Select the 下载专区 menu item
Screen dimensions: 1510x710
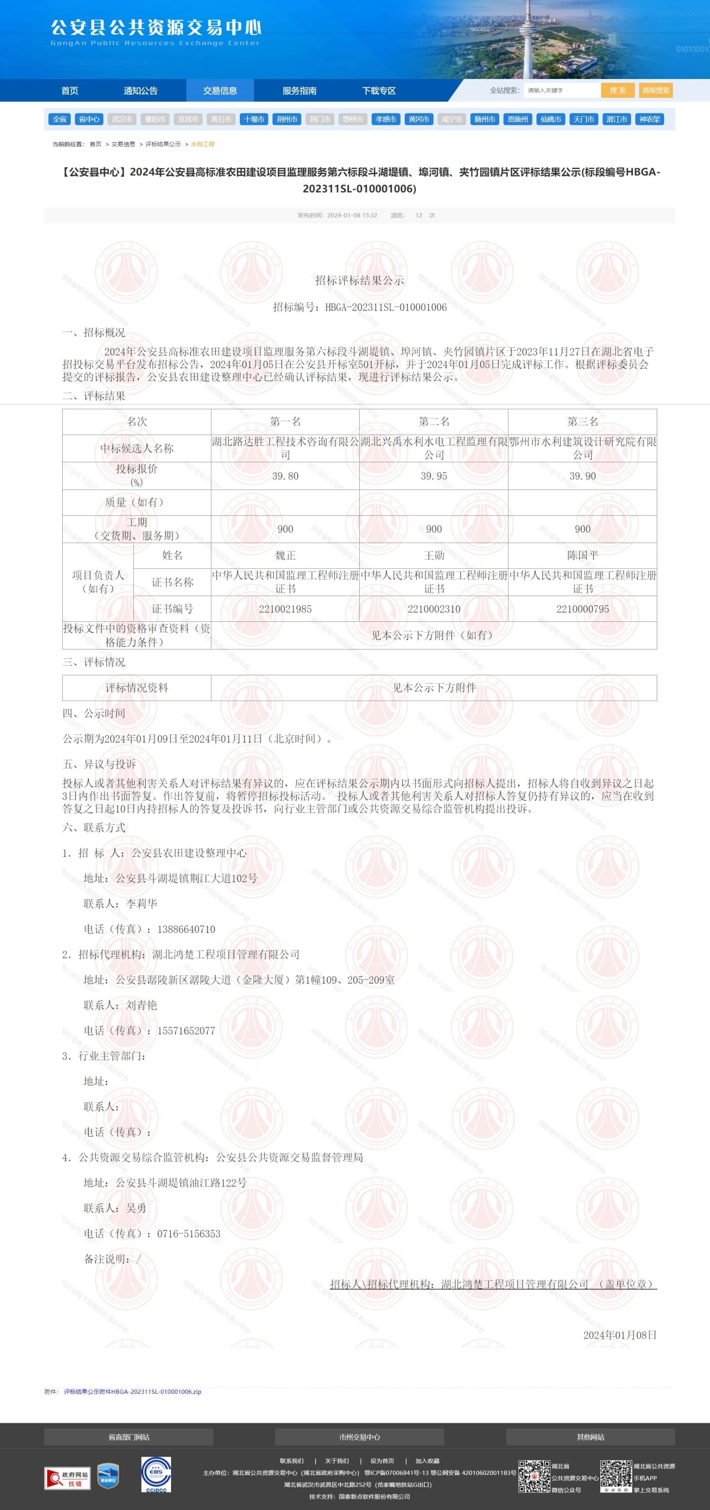click(x=379, y=90)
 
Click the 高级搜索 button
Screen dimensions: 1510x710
click(x=656, y=90)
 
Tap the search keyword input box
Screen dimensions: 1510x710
click(x=561, y=90)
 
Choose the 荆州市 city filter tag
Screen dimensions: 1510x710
click(x=287, y=119)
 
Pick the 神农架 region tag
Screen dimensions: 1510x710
click(x=650, y=119)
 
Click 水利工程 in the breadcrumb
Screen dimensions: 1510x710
click(x=203, y=144)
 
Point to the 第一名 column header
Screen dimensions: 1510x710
click(x=285, y=422)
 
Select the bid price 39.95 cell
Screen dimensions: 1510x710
click(x=433, y=476)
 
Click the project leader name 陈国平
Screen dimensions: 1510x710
click(x=582, y=555)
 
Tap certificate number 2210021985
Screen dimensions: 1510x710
click(x=285, y=609)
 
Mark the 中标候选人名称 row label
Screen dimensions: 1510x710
click(x=137, y=449)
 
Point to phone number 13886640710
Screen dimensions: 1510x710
click(x=186, y=929)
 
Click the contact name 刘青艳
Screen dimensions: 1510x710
click(x=142, y=1005)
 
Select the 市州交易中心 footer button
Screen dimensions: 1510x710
click(x=359, y=1437)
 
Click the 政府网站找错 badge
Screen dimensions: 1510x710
click(x=68, y=1478)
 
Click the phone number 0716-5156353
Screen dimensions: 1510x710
click(x=189, y=1234)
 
